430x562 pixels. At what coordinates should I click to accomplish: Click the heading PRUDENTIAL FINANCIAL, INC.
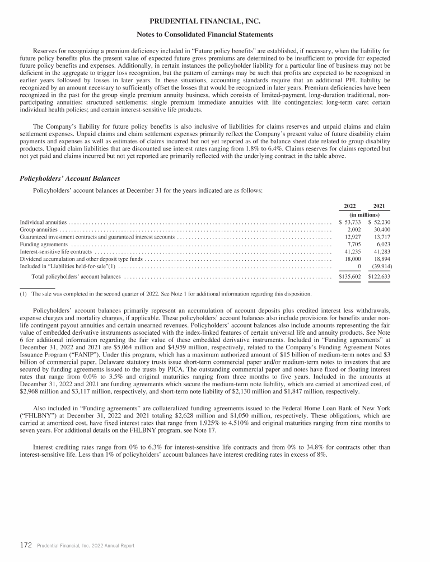coord(215,22)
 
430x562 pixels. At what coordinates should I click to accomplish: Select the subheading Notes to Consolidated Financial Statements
coord(215,35)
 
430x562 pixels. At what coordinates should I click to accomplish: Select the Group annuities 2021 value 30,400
coord(382,230)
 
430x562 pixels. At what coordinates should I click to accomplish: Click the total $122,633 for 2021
coord(380,277)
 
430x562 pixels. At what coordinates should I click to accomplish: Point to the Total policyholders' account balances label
coord(76,277)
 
